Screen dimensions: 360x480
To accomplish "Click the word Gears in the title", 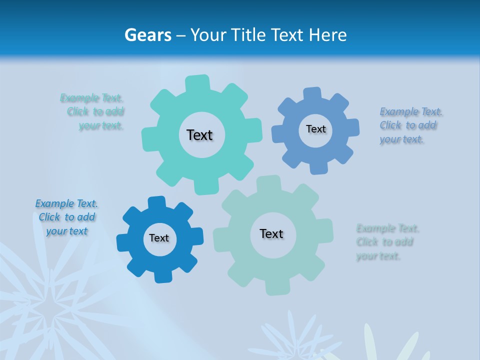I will point(147,35).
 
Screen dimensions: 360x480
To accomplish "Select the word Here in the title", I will point(327,35).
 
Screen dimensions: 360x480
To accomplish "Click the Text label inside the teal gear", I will point(199,135).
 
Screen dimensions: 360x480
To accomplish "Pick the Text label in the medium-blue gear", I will point(315,129).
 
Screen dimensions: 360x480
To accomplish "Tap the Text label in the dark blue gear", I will point(159,238).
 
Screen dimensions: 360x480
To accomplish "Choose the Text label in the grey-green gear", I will point(271,233).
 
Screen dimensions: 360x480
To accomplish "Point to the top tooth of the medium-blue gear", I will point(312,94).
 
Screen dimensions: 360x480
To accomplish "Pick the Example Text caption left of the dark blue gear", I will point(66,217).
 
